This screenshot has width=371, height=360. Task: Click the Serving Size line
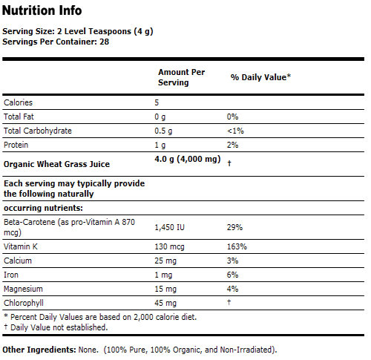[x=77, y=32]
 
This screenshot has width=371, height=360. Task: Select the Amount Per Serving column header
[x=181, y=77]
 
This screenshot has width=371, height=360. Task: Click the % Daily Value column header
[x=260, y=77]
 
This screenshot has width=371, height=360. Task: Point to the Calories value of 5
[x=157, y=102]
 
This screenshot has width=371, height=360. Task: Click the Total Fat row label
[x=20, y=117]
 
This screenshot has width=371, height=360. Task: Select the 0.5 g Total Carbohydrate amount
[x=163, y=131]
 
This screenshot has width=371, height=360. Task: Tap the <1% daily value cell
[x=236, y=131]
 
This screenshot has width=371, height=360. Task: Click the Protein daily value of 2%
[x=233, y=145]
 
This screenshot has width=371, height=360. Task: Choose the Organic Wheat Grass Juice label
[x=56, y=164]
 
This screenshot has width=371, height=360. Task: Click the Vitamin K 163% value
[x=237, y=246]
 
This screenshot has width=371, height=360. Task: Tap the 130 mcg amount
[x=168, y=246]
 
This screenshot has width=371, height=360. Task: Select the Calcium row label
[x=18, y=261]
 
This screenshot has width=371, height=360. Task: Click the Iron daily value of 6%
[x=233, y=275]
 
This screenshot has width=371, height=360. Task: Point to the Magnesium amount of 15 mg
[x=165, y=289]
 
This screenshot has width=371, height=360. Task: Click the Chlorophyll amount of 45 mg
[x=165, y=303]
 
